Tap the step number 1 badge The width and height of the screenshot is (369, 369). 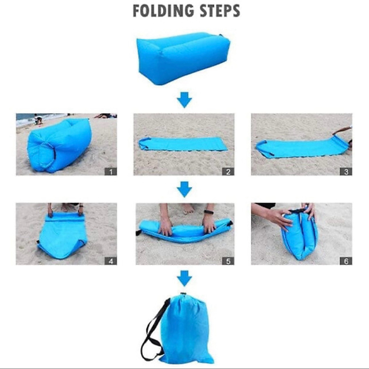coord(111,171)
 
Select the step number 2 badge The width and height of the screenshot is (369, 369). coord(228,171)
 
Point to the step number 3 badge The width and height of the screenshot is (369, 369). coord(346,171)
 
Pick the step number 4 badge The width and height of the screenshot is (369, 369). coord(111,261)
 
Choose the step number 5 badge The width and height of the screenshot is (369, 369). coord(228,261)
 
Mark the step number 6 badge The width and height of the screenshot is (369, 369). coord(346,261)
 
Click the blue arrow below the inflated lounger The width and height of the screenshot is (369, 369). coord(184,100)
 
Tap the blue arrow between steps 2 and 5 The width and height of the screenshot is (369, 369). coord(184,190)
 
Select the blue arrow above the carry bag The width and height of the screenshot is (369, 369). coord(184,278)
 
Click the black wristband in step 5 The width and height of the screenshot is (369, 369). coord(209,212)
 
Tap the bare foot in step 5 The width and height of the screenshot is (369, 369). coord(187,208)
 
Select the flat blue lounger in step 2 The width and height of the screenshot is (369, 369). coord(183,144)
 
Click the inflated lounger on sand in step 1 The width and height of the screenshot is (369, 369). coord(59,146)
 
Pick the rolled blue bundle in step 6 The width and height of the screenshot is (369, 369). coord(300,234)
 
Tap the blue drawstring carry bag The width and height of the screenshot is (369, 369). coord(186,328)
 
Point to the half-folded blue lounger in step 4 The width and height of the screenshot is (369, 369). coord(62,236)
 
